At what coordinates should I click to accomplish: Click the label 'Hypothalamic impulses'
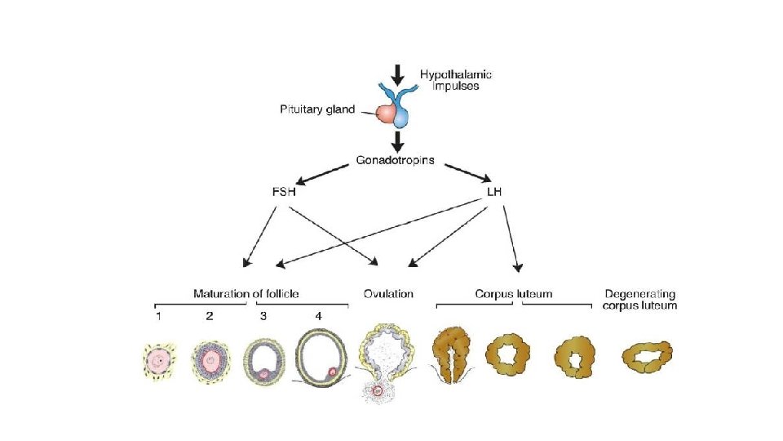[x=456, y=79]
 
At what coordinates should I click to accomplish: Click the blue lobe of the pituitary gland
[x=403, y=117]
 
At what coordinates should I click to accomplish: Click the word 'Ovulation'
[x=387, y=293]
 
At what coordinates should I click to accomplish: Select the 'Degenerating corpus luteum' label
[x=640, y=299]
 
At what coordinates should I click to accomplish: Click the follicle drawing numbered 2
[x=210, y=360]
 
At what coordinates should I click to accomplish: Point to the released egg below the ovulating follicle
[x=378, y=390]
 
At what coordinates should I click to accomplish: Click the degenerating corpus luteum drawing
[x=647, y=357]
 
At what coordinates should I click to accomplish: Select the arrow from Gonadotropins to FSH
[x=325, y=173]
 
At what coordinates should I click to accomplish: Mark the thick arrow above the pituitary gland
[x=397, y=75]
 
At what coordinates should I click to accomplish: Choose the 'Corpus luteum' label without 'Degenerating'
[x=514, y=293]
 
